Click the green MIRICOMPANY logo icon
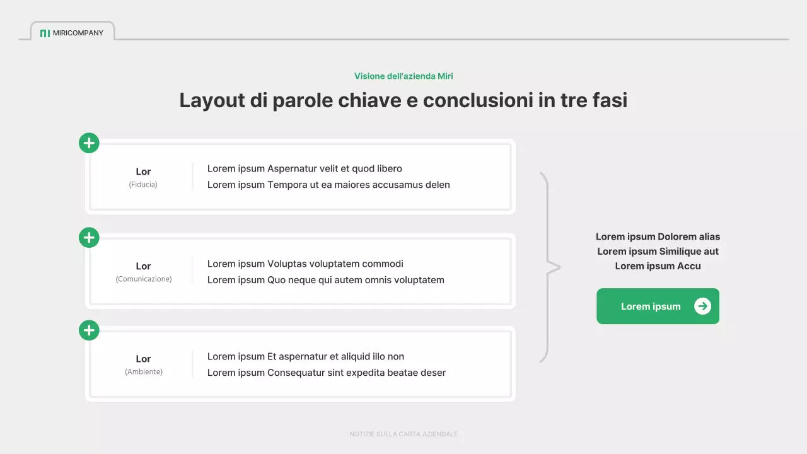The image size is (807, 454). coord(45,33)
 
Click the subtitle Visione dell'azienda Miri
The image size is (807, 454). coord(403,76)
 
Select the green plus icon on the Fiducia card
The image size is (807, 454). coord(89,143)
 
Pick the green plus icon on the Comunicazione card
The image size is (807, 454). coord(89,238)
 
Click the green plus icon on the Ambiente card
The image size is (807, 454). coord(89,330)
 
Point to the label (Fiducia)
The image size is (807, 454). coord(143,185)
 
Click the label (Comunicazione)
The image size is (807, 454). coord(143,279)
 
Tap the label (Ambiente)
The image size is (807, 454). coord(143,372)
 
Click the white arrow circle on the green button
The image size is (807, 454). coord(702,306)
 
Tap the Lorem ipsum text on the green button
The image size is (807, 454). coord(651,306)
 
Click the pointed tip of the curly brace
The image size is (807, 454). coord(559,267)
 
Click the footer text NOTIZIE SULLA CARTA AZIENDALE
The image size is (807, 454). coord(403,434)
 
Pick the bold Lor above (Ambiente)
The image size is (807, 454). coord(143,359)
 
